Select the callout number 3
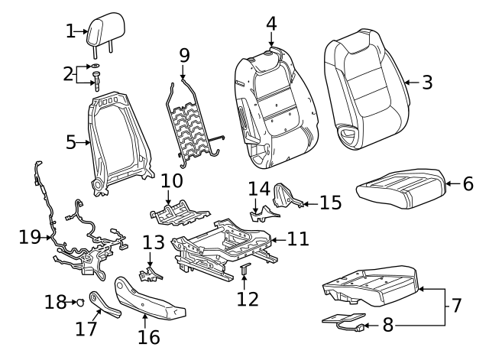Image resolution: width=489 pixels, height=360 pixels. point(426,83)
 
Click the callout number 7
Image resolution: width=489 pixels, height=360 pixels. point(456,305)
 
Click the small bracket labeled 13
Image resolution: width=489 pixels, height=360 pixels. point(151,271)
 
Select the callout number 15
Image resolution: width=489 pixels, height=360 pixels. point(330,203)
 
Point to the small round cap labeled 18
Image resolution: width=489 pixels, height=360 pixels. point(77,303)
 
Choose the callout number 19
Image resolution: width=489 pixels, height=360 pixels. point(29,237)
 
